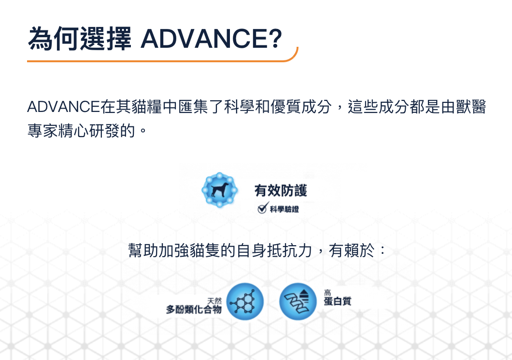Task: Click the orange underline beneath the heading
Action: [163, 60]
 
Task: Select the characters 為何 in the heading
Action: [54, 39]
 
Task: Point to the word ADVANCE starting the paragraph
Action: [63, 107]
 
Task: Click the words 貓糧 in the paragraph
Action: [147, 107]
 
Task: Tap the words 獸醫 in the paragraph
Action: [471, 107]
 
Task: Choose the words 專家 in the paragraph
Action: [43, 131]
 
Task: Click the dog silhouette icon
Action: [219, 190]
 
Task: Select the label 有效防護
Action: [281, 191]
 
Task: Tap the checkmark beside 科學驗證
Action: [263, 208]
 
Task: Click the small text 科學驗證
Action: [284, 209]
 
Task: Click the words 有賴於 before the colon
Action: [352, 250]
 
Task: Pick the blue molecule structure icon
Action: [245, 301]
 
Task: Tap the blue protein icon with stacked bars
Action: [298, 301]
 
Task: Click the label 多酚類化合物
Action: [194, 309]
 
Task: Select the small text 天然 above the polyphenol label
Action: [214, 301]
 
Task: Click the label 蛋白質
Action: [338, 301]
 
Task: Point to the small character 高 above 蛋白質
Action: [327, 292]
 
